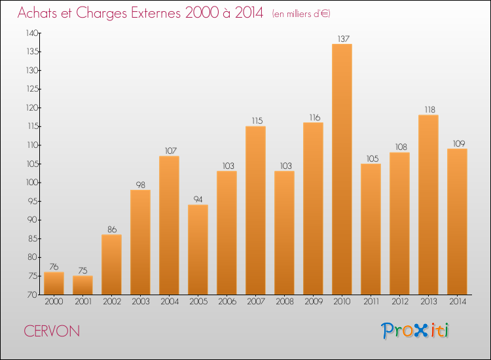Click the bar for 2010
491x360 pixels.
[342, 169]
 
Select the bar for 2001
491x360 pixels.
[82, 285]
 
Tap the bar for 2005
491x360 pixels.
[198, 249]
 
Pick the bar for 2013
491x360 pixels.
[428, 205]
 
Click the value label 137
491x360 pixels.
[344, 39]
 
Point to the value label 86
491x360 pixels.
[112, 230]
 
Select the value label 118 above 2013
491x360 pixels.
[430, 109]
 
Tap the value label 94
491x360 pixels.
[198, 200]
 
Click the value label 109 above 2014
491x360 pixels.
[459, 143]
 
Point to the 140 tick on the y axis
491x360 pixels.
[32, 33]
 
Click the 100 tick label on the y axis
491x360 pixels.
[32, 183]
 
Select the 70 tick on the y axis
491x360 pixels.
[33, 295]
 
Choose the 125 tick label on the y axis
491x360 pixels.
[32, 89]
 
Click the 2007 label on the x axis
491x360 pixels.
[256, 302]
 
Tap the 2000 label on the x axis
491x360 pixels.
[54, 302]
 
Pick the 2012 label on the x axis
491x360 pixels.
[400, 302]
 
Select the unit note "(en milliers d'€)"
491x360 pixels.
[301, 14]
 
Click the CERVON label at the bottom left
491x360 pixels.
[52, 331]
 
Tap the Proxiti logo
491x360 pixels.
[415, 331]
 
